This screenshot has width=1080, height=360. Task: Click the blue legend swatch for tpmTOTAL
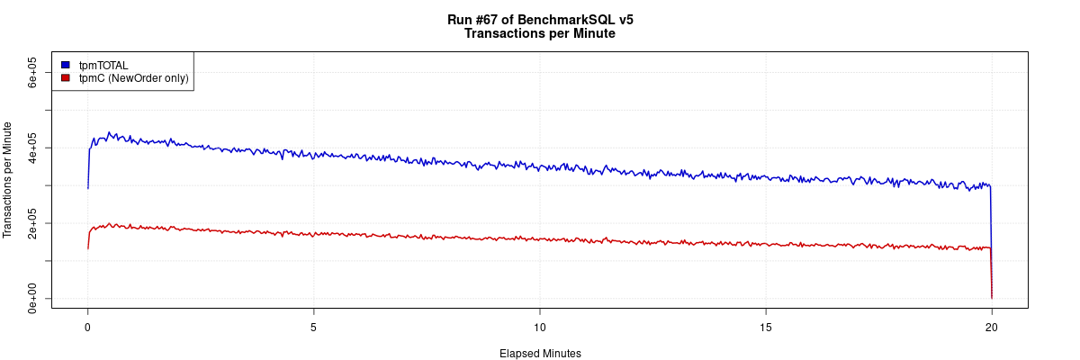(65, 65)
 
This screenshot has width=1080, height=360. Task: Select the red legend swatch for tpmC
(65, 78)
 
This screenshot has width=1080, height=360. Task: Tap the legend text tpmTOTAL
(103, 65)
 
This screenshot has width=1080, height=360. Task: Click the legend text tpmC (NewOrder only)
(133, 78)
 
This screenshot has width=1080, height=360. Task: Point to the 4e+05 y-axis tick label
(32, 148)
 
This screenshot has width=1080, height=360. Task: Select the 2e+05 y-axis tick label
(32, 223)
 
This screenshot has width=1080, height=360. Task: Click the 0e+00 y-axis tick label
(32, 298)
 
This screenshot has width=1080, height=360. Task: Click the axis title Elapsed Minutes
(540, 354)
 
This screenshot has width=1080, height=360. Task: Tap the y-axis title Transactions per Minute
(9, 179)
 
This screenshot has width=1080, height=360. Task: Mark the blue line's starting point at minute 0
(87, 188)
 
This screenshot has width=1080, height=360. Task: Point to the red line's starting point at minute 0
(87, 247)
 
